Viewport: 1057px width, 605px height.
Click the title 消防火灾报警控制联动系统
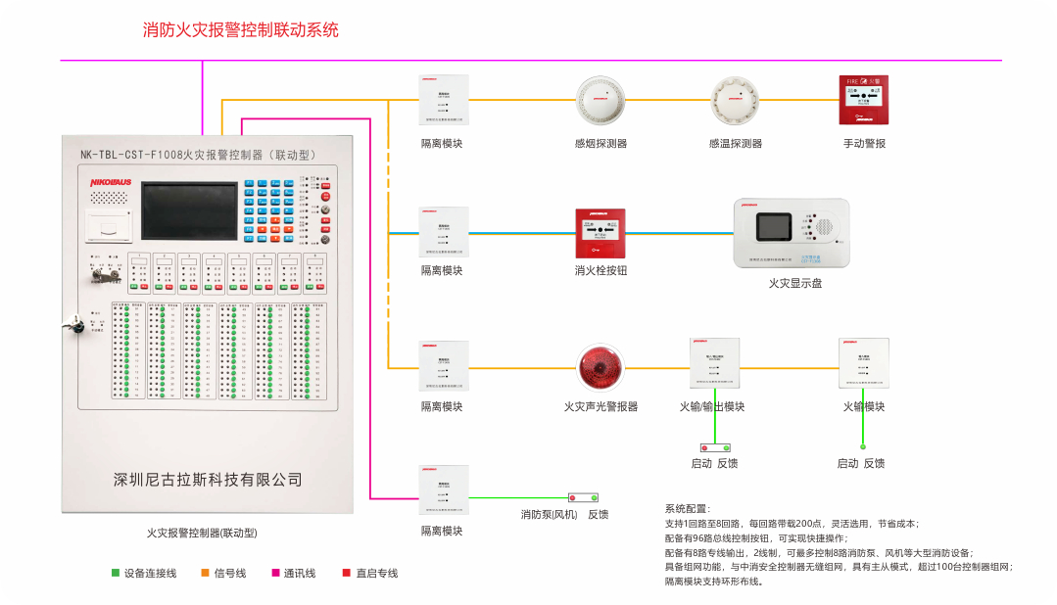241,29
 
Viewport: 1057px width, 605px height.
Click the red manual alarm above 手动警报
864,100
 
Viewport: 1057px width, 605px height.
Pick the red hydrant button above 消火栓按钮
600,233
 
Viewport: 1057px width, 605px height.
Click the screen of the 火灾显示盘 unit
775,227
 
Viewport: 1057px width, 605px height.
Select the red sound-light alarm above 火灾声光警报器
600,368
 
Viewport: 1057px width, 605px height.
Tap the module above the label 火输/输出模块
712,363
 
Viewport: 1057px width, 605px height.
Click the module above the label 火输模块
864,363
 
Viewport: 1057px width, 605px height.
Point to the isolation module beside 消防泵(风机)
443,490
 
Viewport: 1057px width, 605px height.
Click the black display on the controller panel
187,211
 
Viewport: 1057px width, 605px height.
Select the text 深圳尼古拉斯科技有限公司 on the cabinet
208,480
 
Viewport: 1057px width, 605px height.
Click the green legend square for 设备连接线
115,573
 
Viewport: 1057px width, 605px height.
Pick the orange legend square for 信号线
205,573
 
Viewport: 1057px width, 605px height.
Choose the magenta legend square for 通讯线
275,573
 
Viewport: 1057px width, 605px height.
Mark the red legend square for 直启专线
346,573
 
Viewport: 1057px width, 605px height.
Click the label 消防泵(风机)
549,515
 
